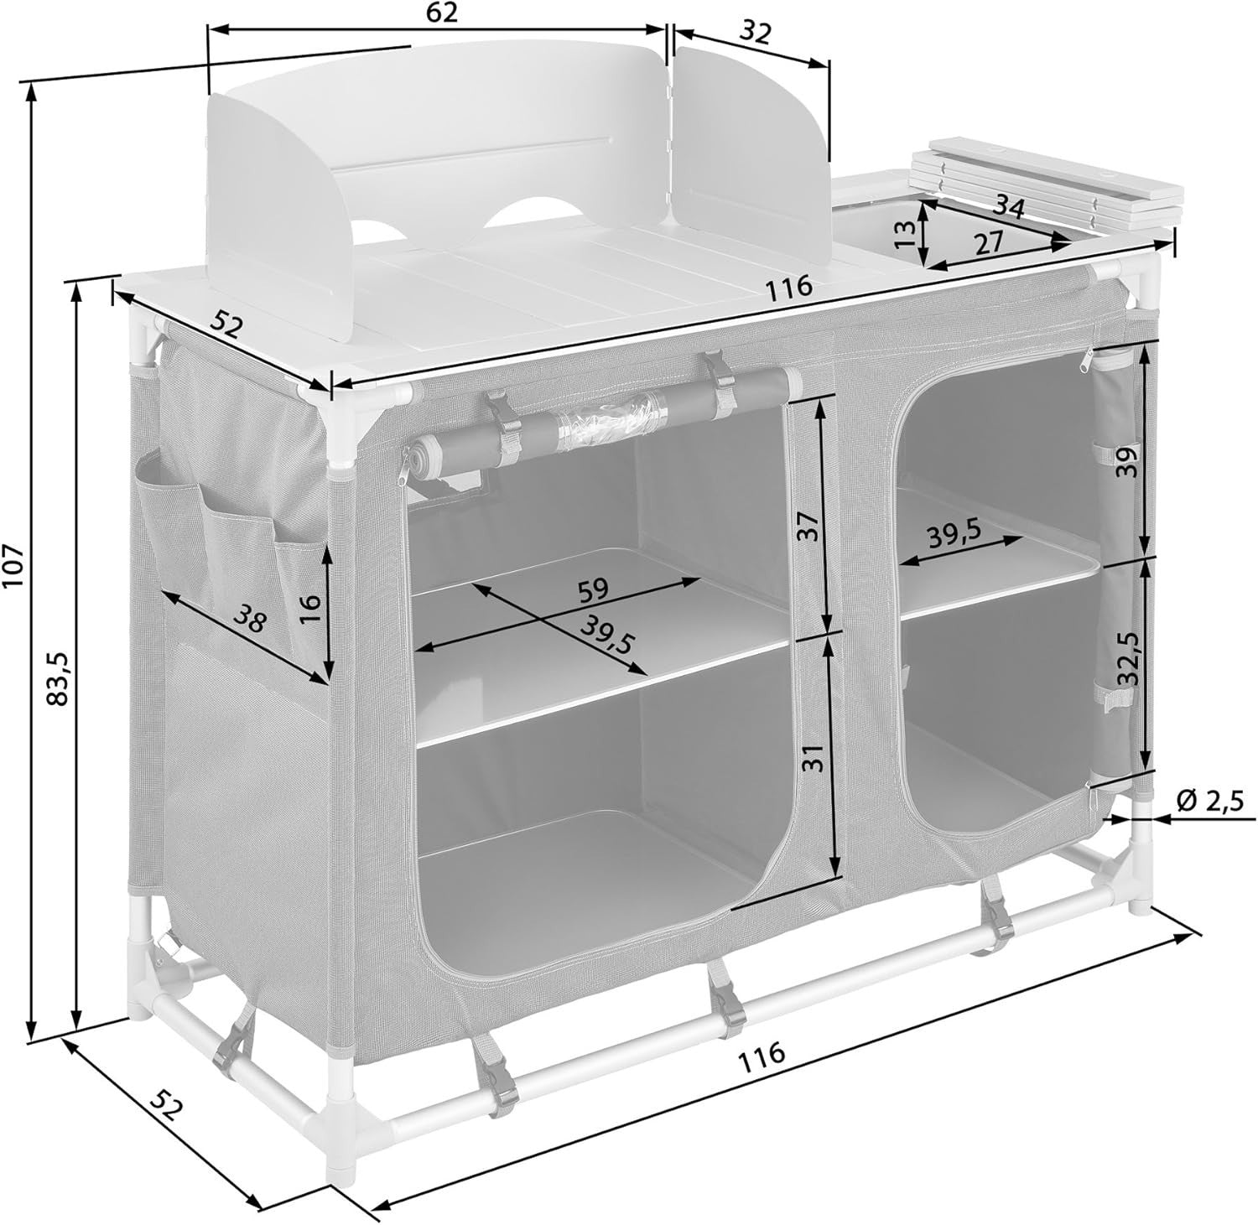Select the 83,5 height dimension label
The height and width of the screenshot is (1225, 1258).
pos(58,678)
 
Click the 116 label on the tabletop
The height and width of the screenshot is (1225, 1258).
pos(789,287)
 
